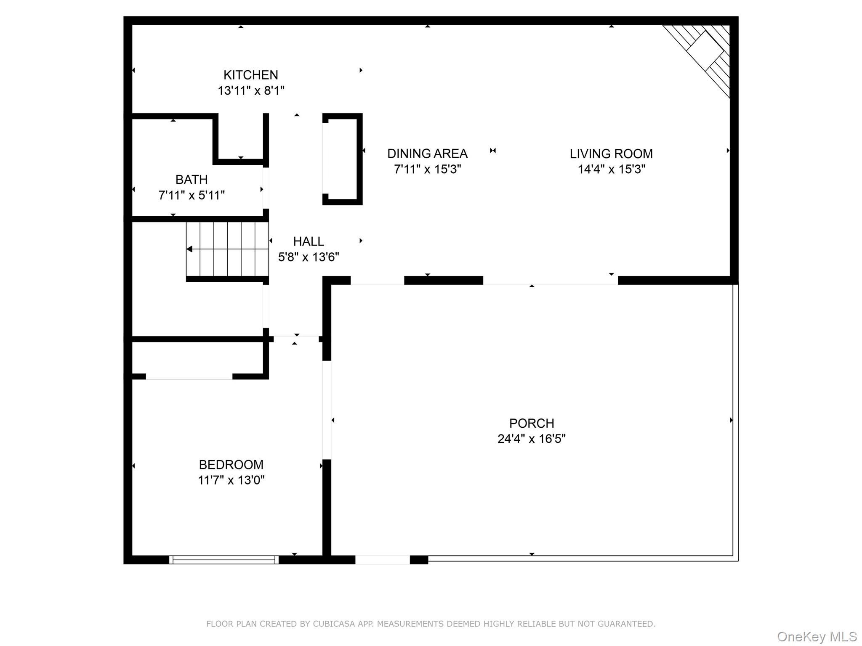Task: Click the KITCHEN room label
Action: [x=250, y=75]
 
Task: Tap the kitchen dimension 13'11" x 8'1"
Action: [x=251, y=90]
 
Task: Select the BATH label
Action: [x=192, y=180]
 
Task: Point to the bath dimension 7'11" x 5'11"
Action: [x=192, y=195]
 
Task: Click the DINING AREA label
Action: [x=427, y=154]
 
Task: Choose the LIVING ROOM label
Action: [x=611, y=154]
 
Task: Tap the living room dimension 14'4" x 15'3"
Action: [x=611, y=169]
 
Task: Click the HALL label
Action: [x=309, y=241]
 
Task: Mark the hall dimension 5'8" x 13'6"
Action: [x=309, y=257]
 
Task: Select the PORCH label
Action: [x=532, y=423]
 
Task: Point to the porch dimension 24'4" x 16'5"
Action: [x=532, y=439]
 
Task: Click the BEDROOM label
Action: [x=231, y=465]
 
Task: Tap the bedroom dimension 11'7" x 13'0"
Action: [x=231, y=480]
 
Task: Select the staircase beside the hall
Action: [x=227, y=249]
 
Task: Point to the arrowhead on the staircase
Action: [x=190, y=249]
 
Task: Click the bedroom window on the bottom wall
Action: [x=224, y=559]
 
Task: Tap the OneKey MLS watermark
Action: [x=817, y=636]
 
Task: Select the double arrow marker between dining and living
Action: [x=493, y=151]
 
